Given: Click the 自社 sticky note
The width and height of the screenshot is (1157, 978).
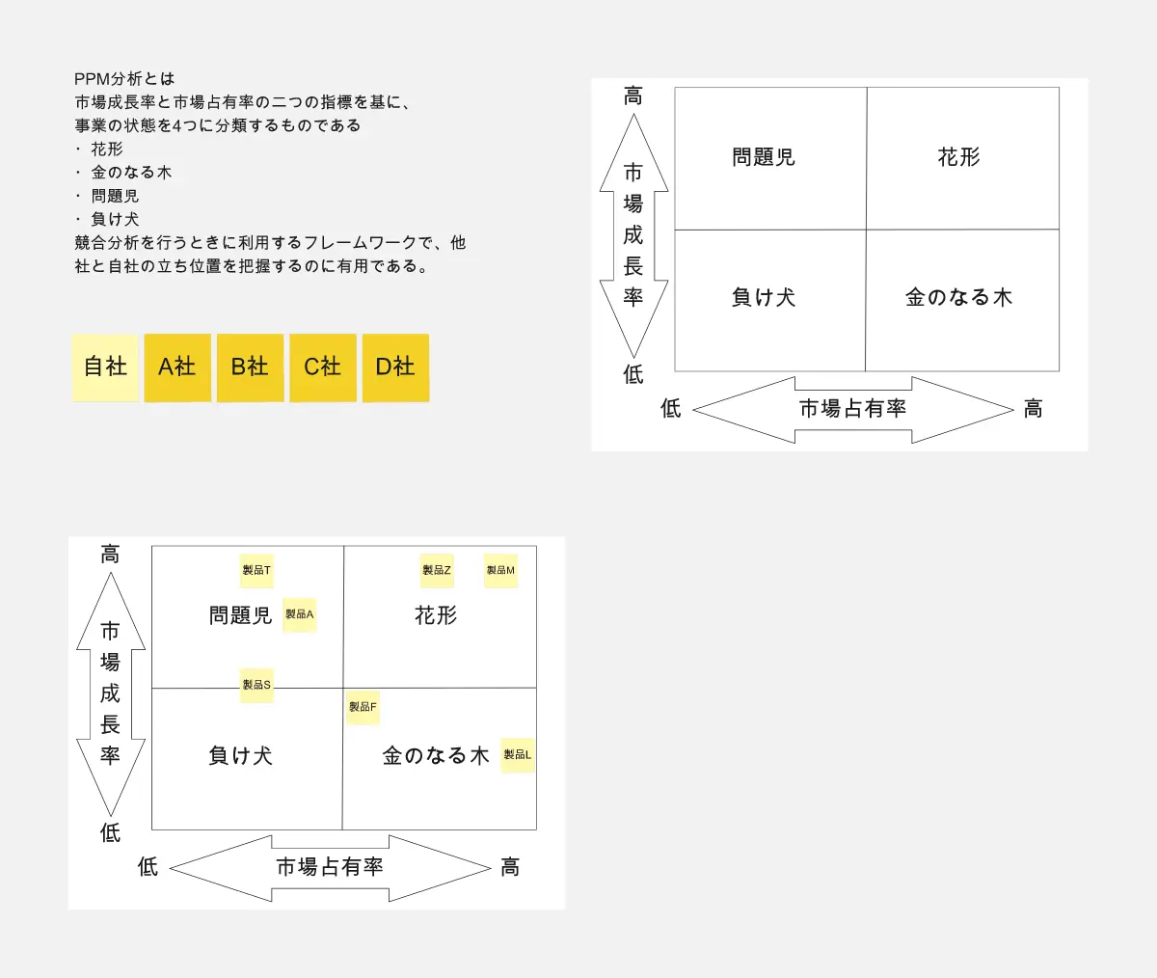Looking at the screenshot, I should [105, 367].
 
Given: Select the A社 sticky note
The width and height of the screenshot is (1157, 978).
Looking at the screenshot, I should [177, 367].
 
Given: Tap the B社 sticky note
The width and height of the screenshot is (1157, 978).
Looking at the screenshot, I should [250, 367].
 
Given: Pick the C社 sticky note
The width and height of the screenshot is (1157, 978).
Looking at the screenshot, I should [323, 367].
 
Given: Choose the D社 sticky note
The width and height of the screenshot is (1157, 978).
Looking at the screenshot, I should [395, 367].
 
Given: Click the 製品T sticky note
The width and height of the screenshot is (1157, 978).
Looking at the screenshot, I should [256, 570].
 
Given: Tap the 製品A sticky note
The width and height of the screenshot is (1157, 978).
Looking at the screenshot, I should [299, 614].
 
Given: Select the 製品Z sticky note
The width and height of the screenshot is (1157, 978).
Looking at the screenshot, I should [437, 570].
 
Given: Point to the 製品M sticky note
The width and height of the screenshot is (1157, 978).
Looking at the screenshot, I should [500, 570].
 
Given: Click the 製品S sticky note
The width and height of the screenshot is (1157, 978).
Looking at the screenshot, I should [256, 685].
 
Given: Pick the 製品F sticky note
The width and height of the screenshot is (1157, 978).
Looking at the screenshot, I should [363, 707].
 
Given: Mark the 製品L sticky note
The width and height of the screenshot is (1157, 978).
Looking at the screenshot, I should [518, 754].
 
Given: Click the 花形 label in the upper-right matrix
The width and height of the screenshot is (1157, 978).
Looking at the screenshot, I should [958, 157].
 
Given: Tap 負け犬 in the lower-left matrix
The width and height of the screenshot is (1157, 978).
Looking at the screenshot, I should [241, 755].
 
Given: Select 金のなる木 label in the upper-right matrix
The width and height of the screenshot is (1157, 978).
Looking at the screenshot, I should [958, 298].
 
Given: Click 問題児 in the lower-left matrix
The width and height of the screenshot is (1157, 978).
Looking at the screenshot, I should [241, 615].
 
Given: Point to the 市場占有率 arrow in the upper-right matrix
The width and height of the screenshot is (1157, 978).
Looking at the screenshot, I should [852, 409].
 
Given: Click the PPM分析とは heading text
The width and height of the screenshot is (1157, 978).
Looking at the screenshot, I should [124, 79].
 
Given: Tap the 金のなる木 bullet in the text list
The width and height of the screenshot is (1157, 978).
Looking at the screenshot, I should [131, 173].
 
